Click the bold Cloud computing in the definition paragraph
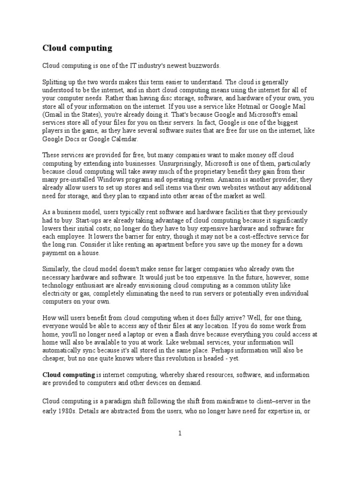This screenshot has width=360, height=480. (68, 375)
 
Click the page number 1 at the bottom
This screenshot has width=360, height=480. (179, 434)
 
